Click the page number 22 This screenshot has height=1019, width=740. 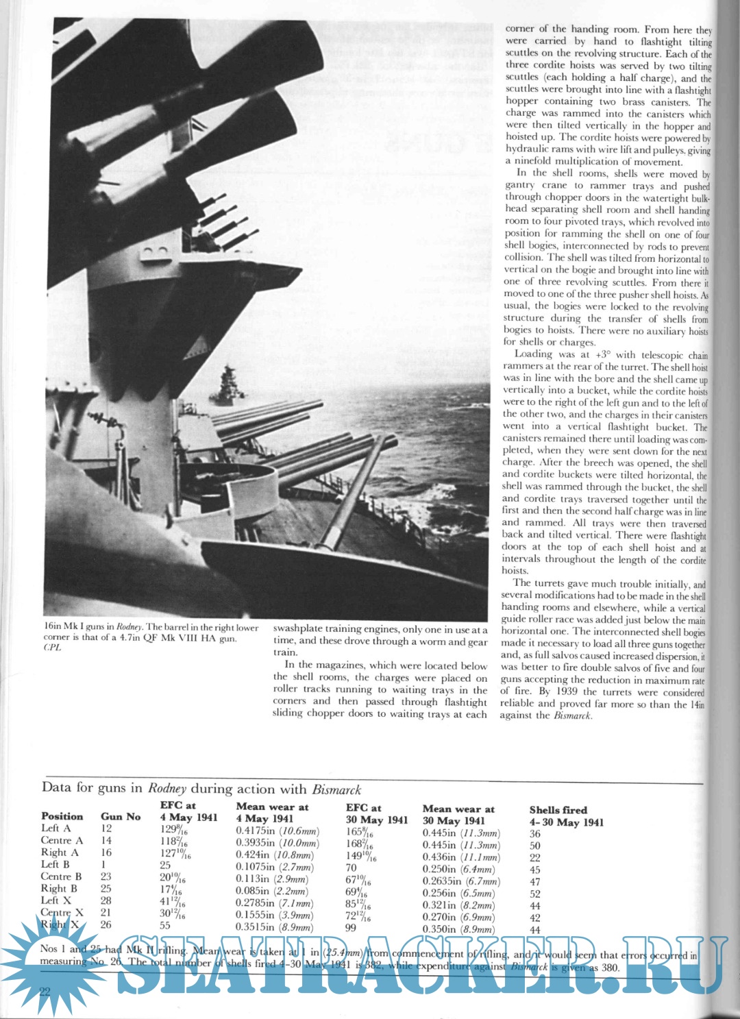(x=45, y=992)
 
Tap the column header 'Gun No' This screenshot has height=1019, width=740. (x=121, y=816)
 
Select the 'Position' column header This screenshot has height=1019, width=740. (x=62, y=816)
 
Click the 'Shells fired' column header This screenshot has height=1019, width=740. (x=558, y=810)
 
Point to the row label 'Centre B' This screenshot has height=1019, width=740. (x=61, y=876)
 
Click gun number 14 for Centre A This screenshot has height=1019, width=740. (x=106, y=840)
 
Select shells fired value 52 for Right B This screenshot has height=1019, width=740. (x=535, y=894)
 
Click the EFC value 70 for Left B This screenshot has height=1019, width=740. (x=351, y=867)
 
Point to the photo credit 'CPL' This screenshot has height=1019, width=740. (x=52, y=648)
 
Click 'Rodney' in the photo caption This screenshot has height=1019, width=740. (x=129, y=627)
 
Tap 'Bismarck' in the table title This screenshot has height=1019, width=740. (x=336, y=789)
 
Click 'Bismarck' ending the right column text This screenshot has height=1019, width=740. (x=573, y=716)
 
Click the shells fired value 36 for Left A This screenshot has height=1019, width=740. (x=535, y=834)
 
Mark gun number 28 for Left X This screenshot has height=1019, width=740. (x=106, y=900)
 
